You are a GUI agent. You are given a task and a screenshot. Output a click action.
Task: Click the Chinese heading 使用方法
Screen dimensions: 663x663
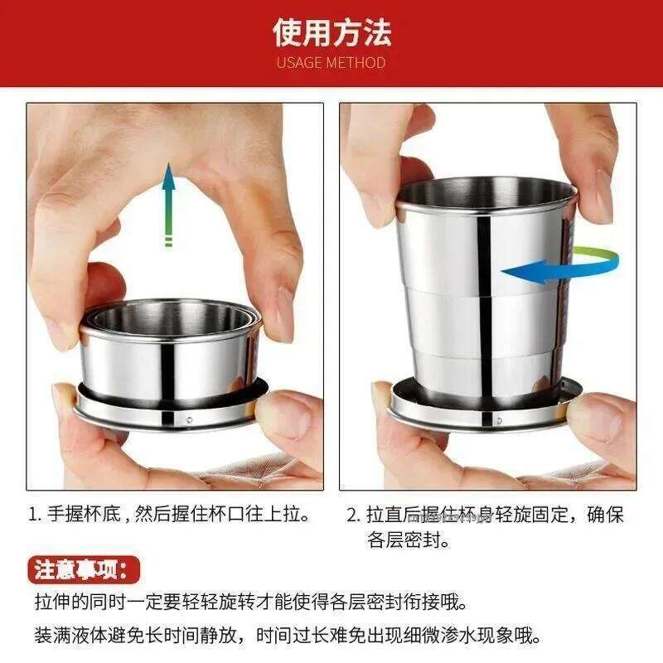point(331,31)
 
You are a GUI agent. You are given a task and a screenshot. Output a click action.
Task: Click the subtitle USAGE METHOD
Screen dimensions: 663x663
point(331,62)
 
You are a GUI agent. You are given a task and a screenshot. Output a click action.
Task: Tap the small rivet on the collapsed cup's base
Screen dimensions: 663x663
point(190,420)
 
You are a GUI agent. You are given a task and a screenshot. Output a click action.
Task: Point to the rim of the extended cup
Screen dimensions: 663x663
point(486,189)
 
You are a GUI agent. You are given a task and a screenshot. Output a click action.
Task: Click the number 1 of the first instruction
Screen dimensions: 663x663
point(34,515)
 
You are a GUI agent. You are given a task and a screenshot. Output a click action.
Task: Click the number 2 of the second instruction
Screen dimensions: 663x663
point(351,515)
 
